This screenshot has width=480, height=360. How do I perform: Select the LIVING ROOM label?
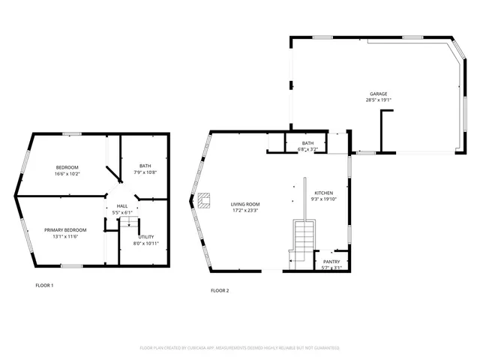point(245,204)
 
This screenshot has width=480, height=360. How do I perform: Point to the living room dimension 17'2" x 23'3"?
point(245,210)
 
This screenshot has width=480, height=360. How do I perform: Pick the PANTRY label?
point(331,262)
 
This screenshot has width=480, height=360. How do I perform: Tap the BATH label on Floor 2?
point(307,143)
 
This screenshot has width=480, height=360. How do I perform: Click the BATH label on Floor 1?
point(145,166)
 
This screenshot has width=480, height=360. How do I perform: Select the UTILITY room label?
point(145,237)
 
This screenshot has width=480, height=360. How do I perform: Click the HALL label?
point(121,206)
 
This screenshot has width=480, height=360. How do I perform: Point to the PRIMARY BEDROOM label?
point(65,229)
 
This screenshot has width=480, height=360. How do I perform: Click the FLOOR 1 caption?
point(44,285)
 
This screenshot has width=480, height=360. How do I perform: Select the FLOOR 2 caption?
point(220,290)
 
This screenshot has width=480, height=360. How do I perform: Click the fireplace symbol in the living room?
point(204,199)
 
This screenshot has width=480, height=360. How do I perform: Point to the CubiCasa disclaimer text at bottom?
point(239,348)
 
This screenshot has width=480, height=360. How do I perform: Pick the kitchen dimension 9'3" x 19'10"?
point(325,199)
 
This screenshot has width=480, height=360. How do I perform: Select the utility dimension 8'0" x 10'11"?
point(145,243)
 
